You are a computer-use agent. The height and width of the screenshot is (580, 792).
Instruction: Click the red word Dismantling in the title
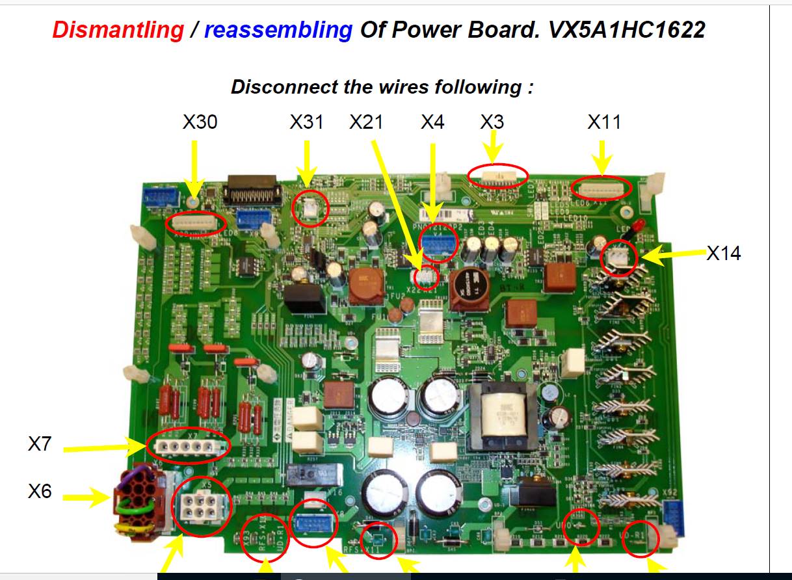coord(118,29)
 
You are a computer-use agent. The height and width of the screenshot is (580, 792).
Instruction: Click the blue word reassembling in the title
coord(278,29)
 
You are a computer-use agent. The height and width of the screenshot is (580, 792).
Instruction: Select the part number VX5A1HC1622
coord(626,29)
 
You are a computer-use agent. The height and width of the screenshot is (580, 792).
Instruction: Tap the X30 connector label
coord(200,122)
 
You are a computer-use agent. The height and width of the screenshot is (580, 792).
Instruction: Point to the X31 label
coord(306,122)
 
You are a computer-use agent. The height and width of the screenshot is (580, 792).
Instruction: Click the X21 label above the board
coord(366,122)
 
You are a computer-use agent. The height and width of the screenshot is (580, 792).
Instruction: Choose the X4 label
coord(432,122)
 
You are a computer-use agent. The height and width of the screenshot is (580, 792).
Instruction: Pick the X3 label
coord(492,122)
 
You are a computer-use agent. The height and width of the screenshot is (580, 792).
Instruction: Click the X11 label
coord(604,122)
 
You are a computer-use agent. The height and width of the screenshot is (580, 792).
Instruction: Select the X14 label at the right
coord(723,253)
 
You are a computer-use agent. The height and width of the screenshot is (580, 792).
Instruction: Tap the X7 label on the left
coord(40,444)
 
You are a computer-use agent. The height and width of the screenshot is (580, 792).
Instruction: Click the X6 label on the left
coord(40,491)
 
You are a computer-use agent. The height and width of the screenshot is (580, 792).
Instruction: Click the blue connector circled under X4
coord(439,242)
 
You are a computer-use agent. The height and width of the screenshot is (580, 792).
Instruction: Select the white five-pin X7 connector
coord(188,447)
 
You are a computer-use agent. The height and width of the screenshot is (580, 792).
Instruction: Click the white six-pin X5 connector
coord(200,506)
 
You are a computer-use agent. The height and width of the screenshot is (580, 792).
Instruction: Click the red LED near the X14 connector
coord(637,228)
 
